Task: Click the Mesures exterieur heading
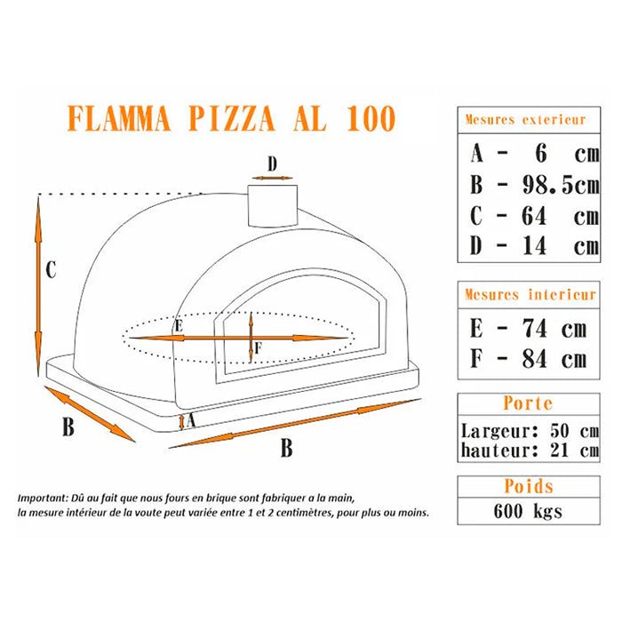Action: click(x=525, y=119)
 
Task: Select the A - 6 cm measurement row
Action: click(x=534, y=154)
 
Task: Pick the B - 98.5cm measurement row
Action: click(x=534, y=185)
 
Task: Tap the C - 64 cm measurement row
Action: click(x=534, y=215)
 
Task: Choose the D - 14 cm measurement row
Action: click(x=534, y=245)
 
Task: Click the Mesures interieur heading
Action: click(x=530, y=294)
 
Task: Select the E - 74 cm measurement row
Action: click(x=528, y=329)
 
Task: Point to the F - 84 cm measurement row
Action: click(x=528, y=359)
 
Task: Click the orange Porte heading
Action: click(x=528, y=403)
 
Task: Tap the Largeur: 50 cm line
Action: click(x=530, y=431)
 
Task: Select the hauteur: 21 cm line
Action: click(x=530, y=450)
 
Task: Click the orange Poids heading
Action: click(x=528, y=486)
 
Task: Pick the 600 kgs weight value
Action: click(x=528, y=511)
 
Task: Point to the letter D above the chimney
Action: click(x=273, y=163)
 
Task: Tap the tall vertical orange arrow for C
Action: click(x=38, y=284)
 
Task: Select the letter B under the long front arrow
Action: click(x=286, y=449)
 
